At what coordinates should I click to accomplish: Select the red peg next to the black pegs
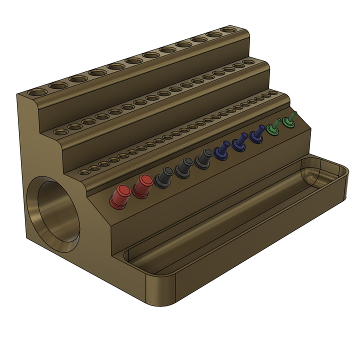(142, 186)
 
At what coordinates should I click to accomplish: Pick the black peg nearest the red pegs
(163, 176)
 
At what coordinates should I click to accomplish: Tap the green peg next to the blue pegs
(273, 127)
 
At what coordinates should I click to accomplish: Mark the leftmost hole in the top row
(36, 93)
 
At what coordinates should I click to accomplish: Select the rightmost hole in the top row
(229, 30)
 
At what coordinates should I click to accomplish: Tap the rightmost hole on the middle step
(250, 62)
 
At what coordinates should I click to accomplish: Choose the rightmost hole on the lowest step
(272, 93)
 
